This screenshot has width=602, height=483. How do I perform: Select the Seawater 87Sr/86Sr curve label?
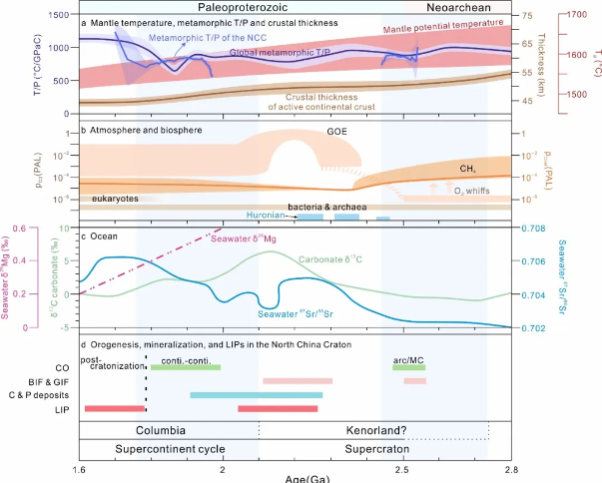point(316,315)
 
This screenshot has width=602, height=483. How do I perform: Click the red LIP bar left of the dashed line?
point(115,408)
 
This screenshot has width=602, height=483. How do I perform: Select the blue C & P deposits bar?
point(256,395)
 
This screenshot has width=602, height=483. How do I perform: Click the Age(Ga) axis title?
point(295,478)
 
